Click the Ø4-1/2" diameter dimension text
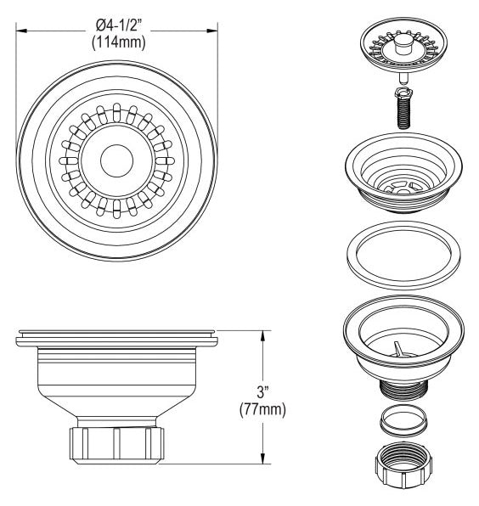[x=119, y=25]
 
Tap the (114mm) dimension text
[x=119, y=42]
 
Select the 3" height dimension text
[x=262, y=392]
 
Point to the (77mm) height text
[x=262, y=410]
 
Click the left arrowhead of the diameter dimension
[x=21, y=31]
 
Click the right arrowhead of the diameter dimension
[x=212, y=31]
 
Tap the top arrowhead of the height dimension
[x=262, y=336]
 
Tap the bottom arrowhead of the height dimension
[x=262, y=458]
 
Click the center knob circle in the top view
[x=116, y=160]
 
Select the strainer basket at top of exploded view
[x=403, y=44]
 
